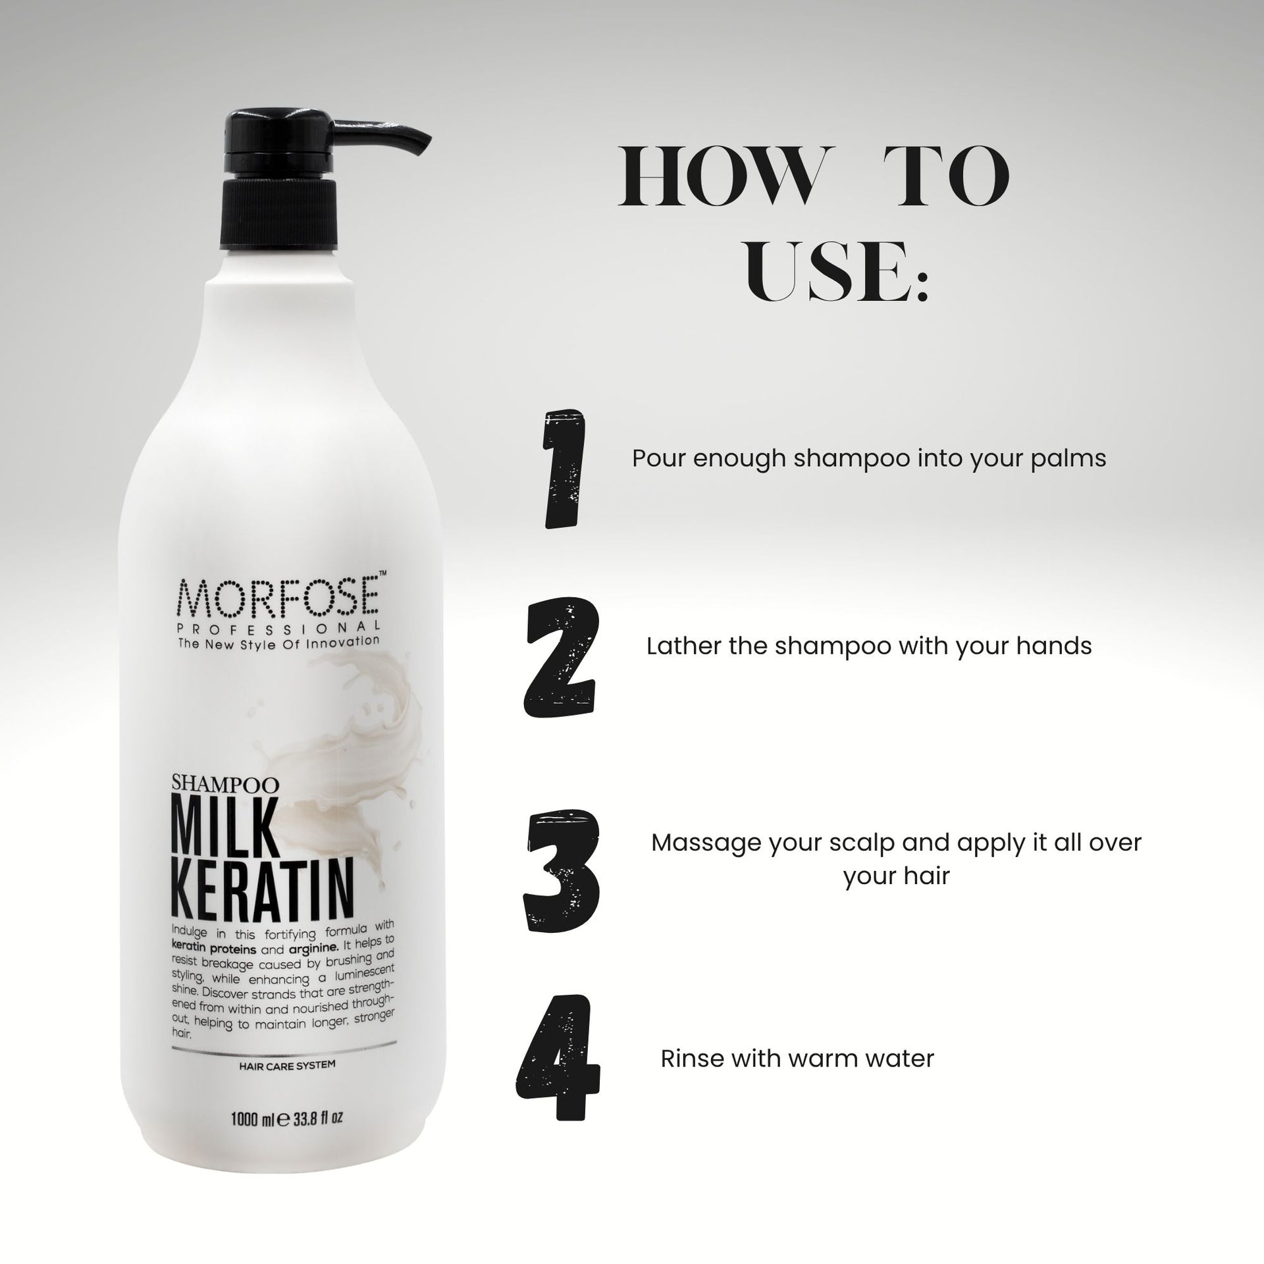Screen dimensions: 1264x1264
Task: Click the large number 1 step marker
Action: coord(563,469)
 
